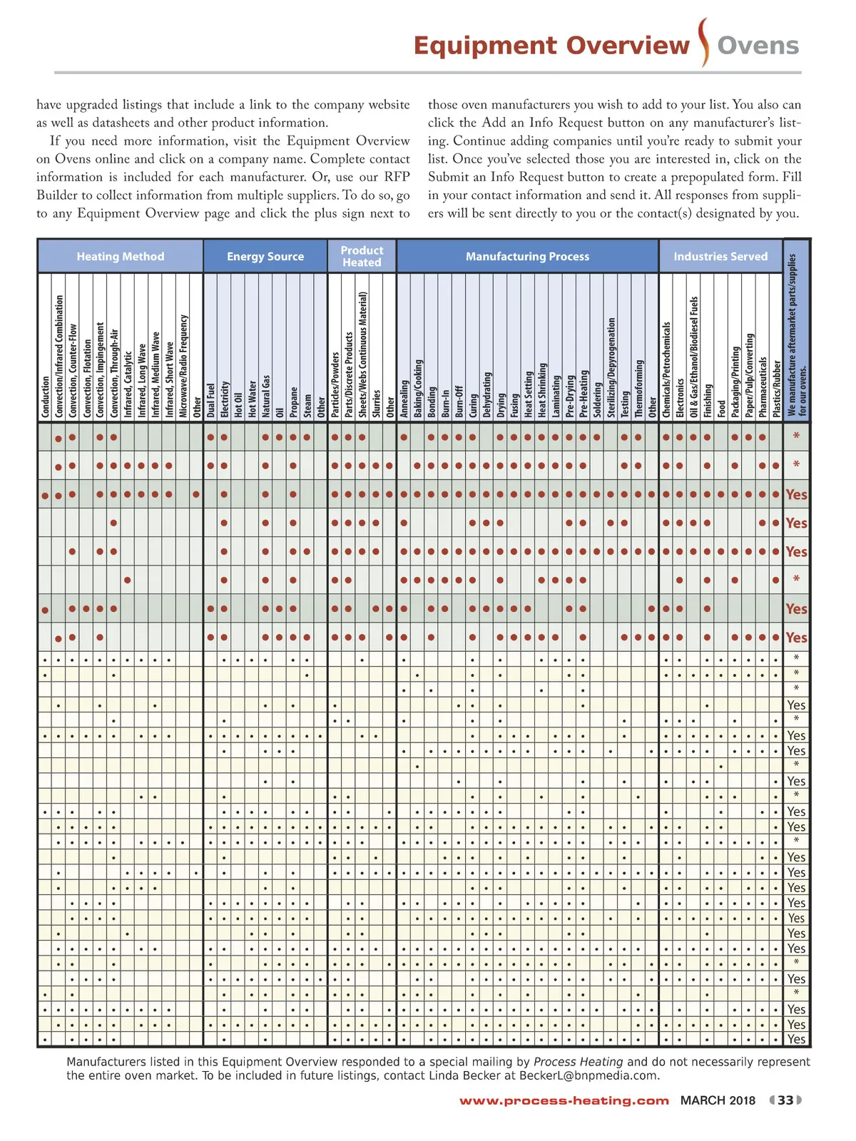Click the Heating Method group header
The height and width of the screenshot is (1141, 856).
pos(121,257)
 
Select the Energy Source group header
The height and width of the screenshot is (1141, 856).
pos(265,257)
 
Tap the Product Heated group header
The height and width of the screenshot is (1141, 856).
pos(362,257)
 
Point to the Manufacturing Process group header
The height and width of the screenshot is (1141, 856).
pos(527,257)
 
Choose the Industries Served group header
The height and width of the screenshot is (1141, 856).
pos(720,257)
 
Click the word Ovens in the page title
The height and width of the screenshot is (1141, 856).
pos(758,46)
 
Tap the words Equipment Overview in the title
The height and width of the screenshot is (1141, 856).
pos(551,46)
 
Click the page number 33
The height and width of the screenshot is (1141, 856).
pos(785,1100)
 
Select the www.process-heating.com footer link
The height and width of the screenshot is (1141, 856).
pos(564,1101)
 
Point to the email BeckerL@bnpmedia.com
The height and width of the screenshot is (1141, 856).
pos(588,1075)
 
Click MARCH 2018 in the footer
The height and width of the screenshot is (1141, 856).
pos(718,1100)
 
